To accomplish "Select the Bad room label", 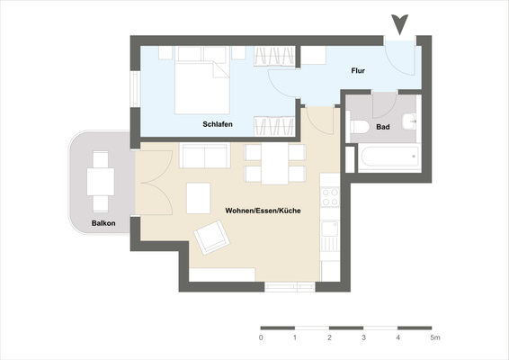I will tap(382, 128).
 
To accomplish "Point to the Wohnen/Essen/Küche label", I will tap(263, 211).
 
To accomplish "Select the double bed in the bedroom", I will tap(200, 77).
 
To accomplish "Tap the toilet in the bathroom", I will tap(357, 128).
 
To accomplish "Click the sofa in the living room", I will tap(205, 156).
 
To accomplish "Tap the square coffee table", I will tap(198, 197).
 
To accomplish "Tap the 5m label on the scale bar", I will tap(435, 337).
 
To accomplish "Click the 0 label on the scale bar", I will tap(261, 337).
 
